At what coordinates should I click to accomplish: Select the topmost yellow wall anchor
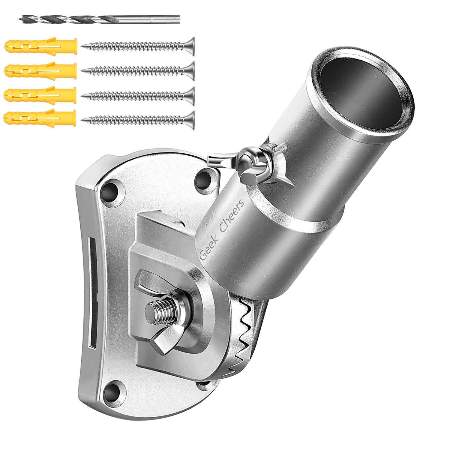(40, 45)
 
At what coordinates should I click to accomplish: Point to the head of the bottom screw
(191, 119)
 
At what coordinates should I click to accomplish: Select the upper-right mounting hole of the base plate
(205, 178)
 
